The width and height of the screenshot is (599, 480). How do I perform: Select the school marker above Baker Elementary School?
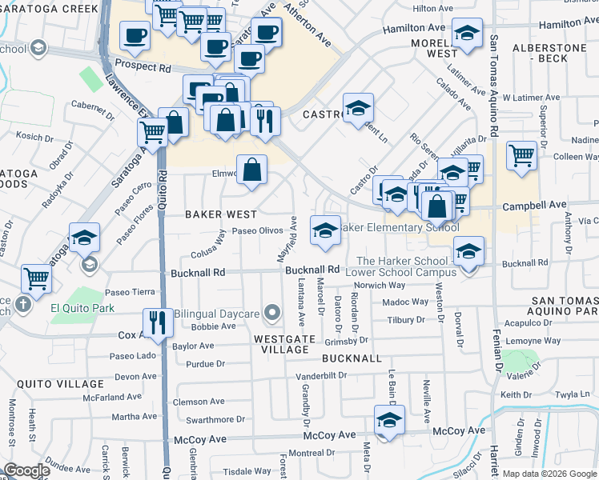pyautogui.click(x=325, y=230)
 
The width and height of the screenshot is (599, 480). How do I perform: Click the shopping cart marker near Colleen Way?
pyautogui.click(x=522, y=154)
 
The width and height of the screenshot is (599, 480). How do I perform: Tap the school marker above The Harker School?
pyautogui.click(x=468, y=250)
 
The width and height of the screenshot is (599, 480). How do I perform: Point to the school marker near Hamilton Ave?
pyautogui.click(x=467, y=33)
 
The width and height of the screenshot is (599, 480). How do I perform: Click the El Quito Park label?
pyautogui.click(x=82, y=308)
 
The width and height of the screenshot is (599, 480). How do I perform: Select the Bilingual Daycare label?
pyautogui.click(x=217, y=314)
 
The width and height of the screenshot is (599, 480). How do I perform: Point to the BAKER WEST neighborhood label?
pyautogui.click(x=221, y=214)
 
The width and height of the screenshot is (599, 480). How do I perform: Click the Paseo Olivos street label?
pyautogui.click(x=257, y=230)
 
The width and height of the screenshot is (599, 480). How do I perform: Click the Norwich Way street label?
pyautogui.click(x=380, y=286)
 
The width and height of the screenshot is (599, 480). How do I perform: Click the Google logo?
pyautogui.click(x=26, y=470)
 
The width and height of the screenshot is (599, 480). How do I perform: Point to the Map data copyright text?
pyautogui.click(x=549, y=474)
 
